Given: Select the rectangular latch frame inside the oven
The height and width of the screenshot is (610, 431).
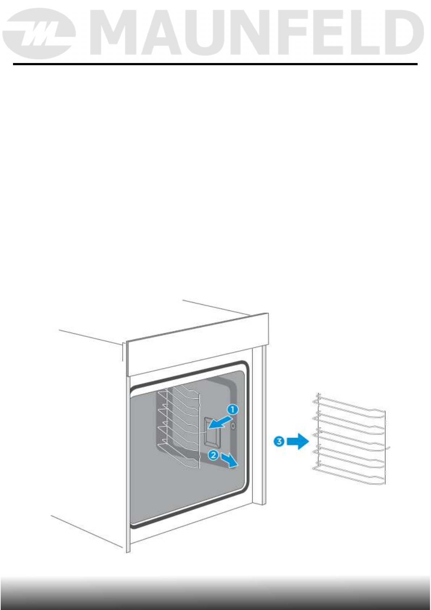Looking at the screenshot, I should point(211,432).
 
